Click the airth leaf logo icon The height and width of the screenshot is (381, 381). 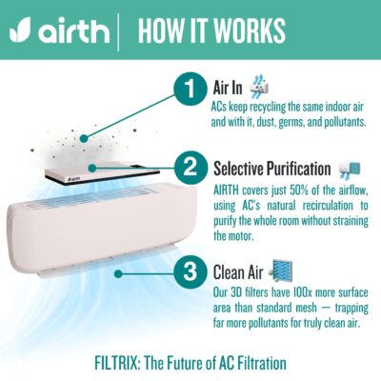tap(20, 30)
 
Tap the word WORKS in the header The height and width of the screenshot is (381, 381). tap(250, 30)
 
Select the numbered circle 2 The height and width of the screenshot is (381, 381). tap(190, 168)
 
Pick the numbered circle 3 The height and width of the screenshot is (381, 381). tap(190, 272)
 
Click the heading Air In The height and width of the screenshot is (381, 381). tap(228, 88)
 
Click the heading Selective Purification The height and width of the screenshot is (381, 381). tap(272, 168)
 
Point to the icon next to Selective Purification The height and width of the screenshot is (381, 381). tap(350, 169)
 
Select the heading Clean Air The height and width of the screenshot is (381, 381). tap(238, 272)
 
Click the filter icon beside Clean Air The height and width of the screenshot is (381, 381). tap(280, 271)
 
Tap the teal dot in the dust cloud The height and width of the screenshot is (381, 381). tap(84, 138)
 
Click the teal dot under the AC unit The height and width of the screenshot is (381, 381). tap(118, 273)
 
